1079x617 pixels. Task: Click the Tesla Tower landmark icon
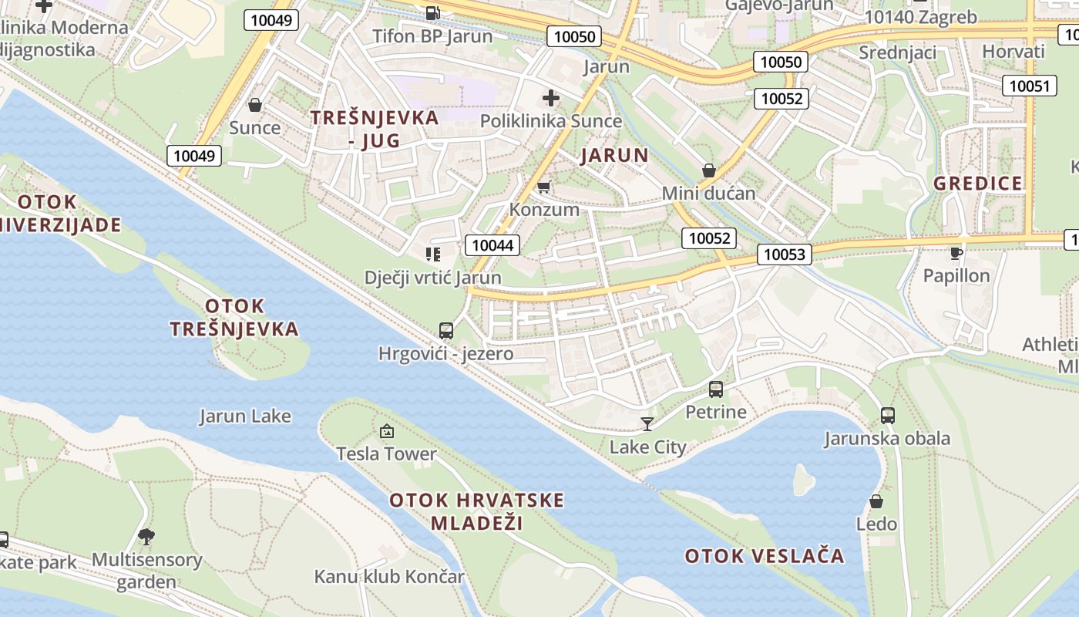(387, 430)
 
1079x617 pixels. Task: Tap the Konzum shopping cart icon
(544, 187)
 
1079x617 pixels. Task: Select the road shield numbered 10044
(492, 245)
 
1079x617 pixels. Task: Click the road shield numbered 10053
(785, 254)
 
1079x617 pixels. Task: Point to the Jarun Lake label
(245, 416)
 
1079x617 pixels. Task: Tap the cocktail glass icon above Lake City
(647, 423)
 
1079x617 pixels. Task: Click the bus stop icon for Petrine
(716, 389)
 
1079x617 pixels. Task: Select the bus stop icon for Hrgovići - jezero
(446, 331)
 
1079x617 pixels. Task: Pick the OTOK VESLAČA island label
(765, 556)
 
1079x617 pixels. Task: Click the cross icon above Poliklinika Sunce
(551, 98)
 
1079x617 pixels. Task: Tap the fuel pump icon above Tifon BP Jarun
(433, 12)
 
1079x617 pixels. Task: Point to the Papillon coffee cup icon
(956, 252)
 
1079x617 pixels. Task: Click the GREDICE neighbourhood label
(978, 184)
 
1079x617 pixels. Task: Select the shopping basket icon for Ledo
(876, 501)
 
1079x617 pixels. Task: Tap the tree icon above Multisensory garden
(146, 535)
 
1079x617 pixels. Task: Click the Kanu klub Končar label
(389, 577)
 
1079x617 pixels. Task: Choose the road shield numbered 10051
(1030, 86)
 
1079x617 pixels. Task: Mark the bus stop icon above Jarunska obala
(888, 415)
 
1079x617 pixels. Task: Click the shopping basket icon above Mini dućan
(709, 170)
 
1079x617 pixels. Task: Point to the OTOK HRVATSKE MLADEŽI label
(476, 511)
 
